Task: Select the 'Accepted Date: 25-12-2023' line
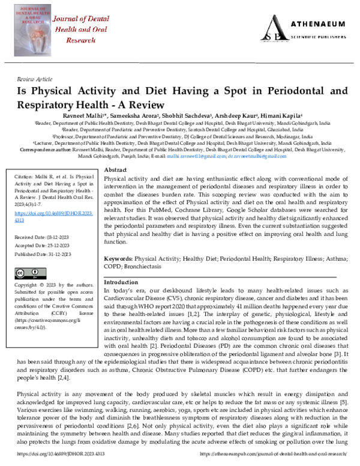point(41,247)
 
